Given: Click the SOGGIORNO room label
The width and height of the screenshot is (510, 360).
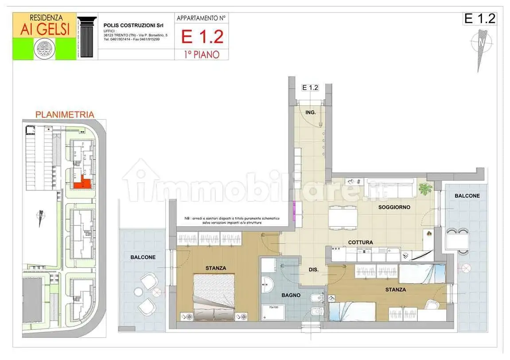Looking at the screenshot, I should click(394, 207).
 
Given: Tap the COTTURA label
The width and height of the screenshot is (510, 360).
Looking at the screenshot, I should click(360, 242).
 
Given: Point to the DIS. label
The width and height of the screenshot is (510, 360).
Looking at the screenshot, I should click(315, 270).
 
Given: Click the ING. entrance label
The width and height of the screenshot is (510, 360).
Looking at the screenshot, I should click(311, 112).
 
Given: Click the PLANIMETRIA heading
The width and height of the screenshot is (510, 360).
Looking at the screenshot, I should click(65, 115).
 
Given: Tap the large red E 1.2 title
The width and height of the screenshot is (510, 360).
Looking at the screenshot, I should click(202, 37).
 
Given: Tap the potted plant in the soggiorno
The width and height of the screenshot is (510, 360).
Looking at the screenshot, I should click(425, 189).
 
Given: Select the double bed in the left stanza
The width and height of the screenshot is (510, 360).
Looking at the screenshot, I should click(214, 295).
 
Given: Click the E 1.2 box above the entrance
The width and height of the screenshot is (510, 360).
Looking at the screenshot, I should click(310, 88).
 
